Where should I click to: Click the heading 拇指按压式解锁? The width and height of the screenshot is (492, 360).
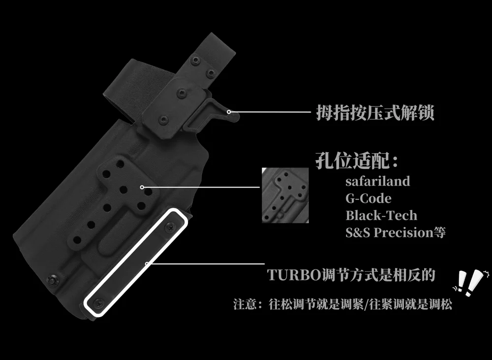pos(375,112)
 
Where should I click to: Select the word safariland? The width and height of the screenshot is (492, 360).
pos(378,181)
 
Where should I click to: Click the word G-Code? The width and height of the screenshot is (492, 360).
pos(369,198)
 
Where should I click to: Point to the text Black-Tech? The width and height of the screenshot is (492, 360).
pos(381,216)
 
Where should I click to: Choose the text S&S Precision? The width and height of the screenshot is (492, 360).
pos(389,233)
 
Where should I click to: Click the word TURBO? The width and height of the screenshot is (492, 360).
pos(294,275)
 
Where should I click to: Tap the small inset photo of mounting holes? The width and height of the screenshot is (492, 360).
pos(285,195)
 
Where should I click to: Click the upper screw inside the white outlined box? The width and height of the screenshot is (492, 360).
pos(170,226)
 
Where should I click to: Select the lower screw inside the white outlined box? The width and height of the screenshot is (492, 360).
pos(99,303)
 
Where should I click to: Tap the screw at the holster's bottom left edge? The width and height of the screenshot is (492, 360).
pos(53,280)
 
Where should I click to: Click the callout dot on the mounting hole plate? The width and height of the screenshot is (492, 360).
pos(142,187)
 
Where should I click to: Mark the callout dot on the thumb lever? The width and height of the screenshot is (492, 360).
pos(229,112)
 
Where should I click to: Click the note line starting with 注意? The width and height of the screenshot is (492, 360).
pos(342,304)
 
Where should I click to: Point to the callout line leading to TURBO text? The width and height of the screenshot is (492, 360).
pos(206,263)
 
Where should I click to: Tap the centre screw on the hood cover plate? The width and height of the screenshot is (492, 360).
pos(182,93)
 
